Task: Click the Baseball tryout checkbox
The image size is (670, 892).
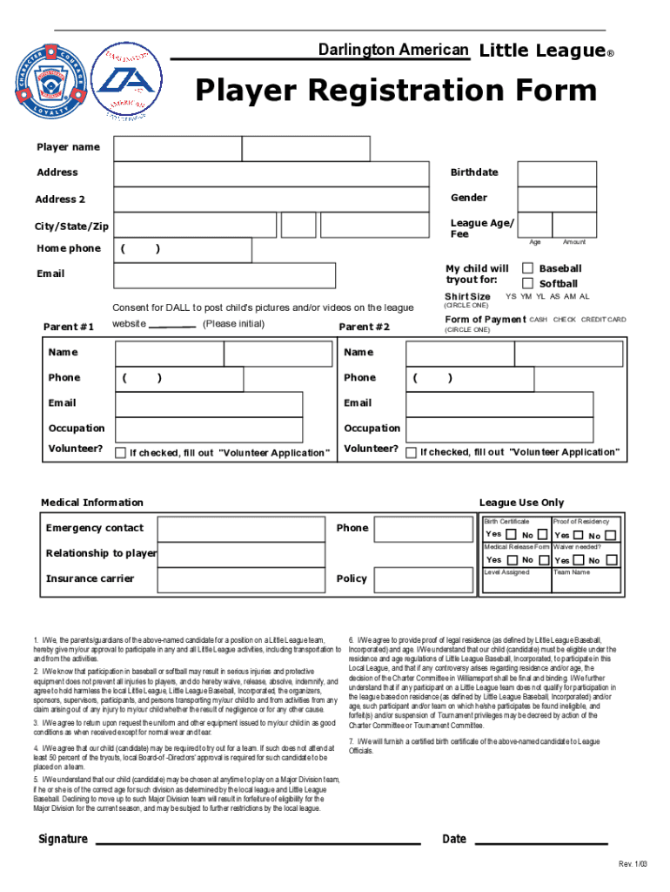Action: click(x=527, y=268)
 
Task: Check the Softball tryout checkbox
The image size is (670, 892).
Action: click(x=527, y=283)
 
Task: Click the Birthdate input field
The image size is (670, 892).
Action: click(x=557, y=174)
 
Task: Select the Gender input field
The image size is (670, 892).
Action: click(x=557, y=199)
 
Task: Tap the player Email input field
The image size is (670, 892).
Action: click(x=225, y=275)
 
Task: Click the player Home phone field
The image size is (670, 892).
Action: click(x=184, y=250)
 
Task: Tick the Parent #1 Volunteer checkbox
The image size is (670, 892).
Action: click(x=121, y=452)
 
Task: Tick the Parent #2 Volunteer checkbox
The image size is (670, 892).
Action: click(x=412, y=452)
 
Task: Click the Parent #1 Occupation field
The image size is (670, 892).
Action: click(x=209, y=429)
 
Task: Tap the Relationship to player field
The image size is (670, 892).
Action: click(x=244, y=554)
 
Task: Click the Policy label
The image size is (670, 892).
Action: click(x=352, y=579)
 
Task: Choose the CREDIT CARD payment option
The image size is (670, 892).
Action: click(x=603, y=320)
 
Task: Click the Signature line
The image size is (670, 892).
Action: click(x=257, y=843)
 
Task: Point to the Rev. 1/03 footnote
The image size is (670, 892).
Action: click(x=633, y=864)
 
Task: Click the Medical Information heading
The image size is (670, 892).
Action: click(x=92, y=503)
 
